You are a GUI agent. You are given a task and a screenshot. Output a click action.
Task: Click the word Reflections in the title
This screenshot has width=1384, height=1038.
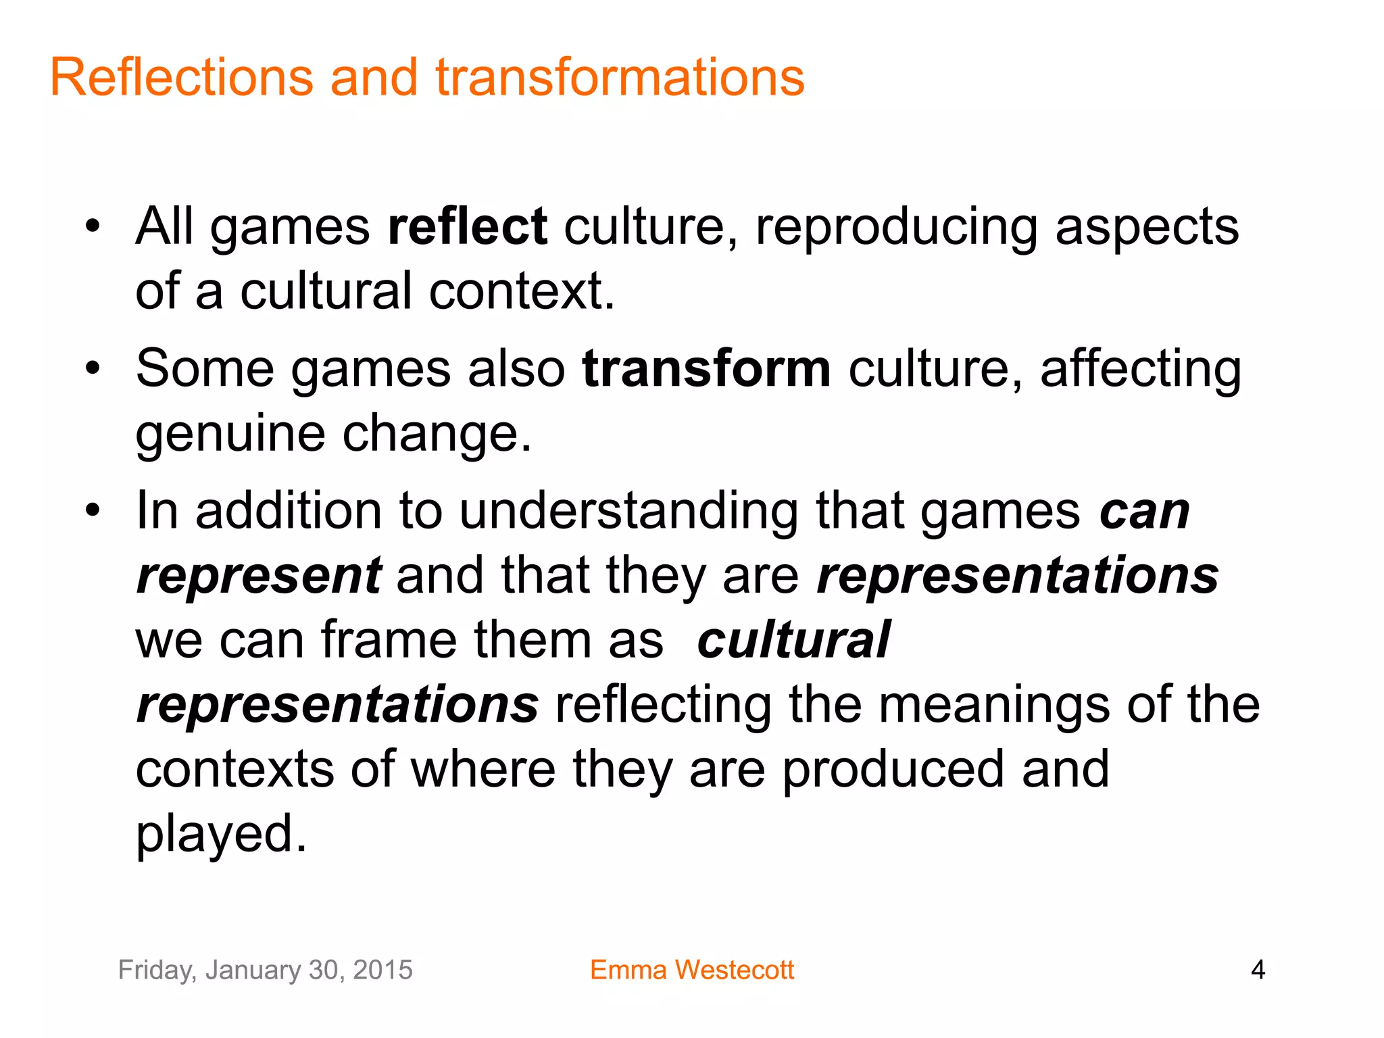(182, 77)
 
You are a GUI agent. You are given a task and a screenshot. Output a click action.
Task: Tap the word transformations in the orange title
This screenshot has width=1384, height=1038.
(620, 77)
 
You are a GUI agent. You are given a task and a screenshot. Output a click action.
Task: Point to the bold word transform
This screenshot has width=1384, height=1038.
(706, 369)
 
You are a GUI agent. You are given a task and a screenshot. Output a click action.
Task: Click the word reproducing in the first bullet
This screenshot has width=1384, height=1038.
(896, 228)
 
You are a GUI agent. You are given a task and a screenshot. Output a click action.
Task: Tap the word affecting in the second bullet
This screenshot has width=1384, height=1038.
(1140, 369)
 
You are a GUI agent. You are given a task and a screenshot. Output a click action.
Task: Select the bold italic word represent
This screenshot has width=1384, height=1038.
(259, 576)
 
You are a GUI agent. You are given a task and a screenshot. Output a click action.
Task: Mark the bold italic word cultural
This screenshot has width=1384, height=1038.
(793, 639)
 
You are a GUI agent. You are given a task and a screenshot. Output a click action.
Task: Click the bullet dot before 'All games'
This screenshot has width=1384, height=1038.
(93, 226)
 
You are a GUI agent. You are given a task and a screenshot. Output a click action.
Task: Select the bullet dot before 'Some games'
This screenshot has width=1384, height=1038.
(93, 369)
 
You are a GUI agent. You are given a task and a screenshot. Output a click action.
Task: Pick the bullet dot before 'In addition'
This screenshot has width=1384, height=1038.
(93, 510)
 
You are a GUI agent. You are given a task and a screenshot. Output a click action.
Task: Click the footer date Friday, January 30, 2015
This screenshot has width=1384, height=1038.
(265, 970)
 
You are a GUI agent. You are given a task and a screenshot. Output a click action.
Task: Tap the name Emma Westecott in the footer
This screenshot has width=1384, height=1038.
(691, 970)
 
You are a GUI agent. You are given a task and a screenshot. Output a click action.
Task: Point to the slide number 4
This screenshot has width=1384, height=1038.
(1258, 970)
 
